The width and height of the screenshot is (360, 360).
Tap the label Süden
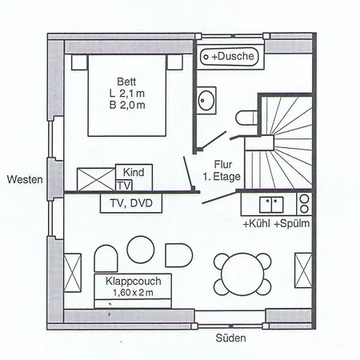[x=231, y=338]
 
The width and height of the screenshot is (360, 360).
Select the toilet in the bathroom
[x=246, y=115]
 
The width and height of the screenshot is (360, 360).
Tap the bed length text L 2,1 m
[x=126, y=94]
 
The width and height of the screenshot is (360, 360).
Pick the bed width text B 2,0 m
[x=126, y=106]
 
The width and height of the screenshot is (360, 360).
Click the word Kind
[x=133, y=172]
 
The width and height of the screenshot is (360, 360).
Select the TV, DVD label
[x=130, y=204]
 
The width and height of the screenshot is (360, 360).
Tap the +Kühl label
[x=255, y=224]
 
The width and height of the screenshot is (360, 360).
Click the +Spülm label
[x=292, y=224]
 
